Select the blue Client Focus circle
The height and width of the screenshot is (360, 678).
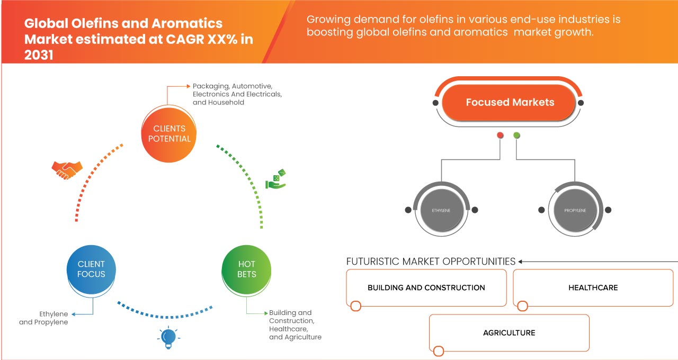click(x=91, y=269)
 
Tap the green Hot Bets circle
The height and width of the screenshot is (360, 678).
click(x=247, y=269)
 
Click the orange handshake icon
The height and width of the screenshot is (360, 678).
click(x=67, y=170)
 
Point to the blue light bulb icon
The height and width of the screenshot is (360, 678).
click(x=168, y=337)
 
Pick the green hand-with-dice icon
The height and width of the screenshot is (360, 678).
click(x=275, y=179)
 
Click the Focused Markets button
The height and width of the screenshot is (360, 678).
click(x=510, y=102)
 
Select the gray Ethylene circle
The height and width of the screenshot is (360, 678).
click(x=441, y=210)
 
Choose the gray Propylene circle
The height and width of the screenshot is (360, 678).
click(x=575, y=210)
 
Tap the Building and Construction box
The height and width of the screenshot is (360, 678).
click(x=426, y=287)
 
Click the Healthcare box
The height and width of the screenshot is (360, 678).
click(x=593, y=287)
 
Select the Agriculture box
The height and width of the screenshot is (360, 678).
click(x=509, y=333)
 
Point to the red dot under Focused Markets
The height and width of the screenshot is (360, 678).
click(x=500, y=136)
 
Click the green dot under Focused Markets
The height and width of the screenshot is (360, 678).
click(x=516, y=136)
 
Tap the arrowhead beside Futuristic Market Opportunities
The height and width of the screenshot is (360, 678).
click(x=521, y=262)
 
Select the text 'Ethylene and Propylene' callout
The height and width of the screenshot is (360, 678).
click(x=44, y=318)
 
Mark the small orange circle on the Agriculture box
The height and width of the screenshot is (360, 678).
click(x=438, y=350)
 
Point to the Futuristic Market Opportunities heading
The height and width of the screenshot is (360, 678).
click(x=431, y=262)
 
